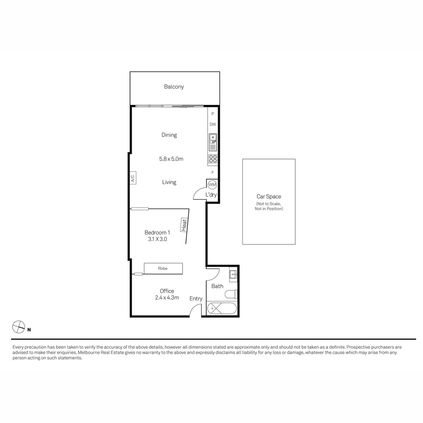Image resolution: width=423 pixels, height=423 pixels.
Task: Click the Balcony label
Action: coord(174,87)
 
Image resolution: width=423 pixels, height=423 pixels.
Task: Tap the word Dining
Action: coord(169,135)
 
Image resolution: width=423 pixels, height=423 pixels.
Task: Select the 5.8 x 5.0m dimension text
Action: coord(171,159)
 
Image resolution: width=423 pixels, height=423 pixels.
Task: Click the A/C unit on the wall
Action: coord(133,178)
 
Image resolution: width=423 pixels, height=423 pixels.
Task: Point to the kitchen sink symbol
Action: coord(213,142)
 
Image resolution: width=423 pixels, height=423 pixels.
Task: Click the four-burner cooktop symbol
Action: coord(213,159)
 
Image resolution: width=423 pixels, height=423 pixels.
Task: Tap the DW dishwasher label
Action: coord(213,125)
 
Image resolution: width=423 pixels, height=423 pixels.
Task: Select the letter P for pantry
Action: coord(213,114)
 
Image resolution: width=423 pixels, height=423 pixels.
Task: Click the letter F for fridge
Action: coord(213,172)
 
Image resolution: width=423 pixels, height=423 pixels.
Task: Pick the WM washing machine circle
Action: coord(212,184)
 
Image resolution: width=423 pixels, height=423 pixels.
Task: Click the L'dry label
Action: coord(211,195)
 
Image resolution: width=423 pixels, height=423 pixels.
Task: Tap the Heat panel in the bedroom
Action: coord(184,225)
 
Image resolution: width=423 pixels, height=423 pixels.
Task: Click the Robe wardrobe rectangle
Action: coord(163,268)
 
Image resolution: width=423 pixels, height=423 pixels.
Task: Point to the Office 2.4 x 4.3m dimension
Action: coord(167,298)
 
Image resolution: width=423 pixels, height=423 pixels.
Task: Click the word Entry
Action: coord(196,299)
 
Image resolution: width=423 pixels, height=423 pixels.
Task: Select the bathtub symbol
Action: coord(222,308)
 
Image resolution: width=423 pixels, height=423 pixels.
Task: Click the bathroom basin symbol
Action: coord(233,274)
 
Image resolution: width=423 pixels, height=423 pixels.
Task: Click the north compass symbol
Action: coord(18,327)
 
